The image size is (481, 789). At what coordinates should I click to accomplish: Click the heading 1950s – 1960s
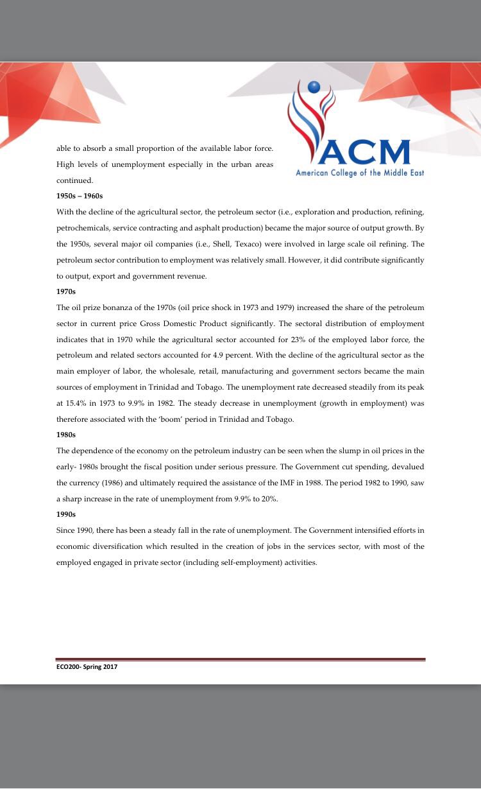pos(80,196)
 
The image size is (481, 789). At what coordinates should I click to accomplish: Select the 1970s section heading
pos(66,291)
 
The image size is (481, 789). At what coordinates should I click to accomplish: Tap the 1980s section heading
pos(66,434)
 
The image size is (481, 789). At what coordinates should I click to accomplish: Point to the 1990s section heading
pos(66,514)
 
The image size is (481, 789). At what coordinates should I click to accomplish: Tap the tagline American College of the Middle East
pos(359,173)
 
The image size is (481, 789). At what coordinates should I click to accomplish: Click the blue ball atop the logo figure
pos(313,87)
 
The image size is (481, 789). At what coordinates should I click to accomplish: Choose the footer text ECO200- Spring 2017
pos(87,667)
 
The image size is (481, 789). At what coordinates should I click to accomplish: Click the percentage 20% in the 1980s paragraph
pos(269,498)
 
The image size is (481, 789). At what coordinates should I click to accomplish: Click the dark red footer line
pos(240,659)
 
